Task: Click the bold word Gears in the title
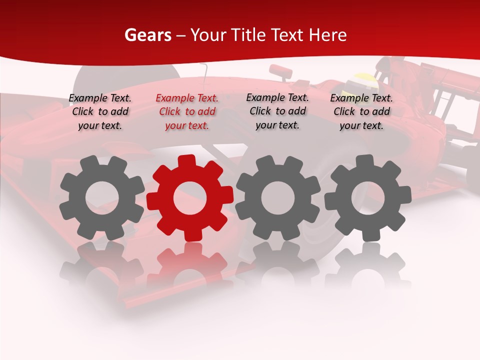148,35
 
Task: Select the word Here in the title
327,35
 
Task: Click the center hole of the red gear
190,198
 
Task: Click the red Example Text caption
187,112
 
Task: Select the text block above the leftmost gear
100,112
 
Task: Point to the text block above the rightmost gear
361,112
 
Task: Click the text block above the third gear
277,111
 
